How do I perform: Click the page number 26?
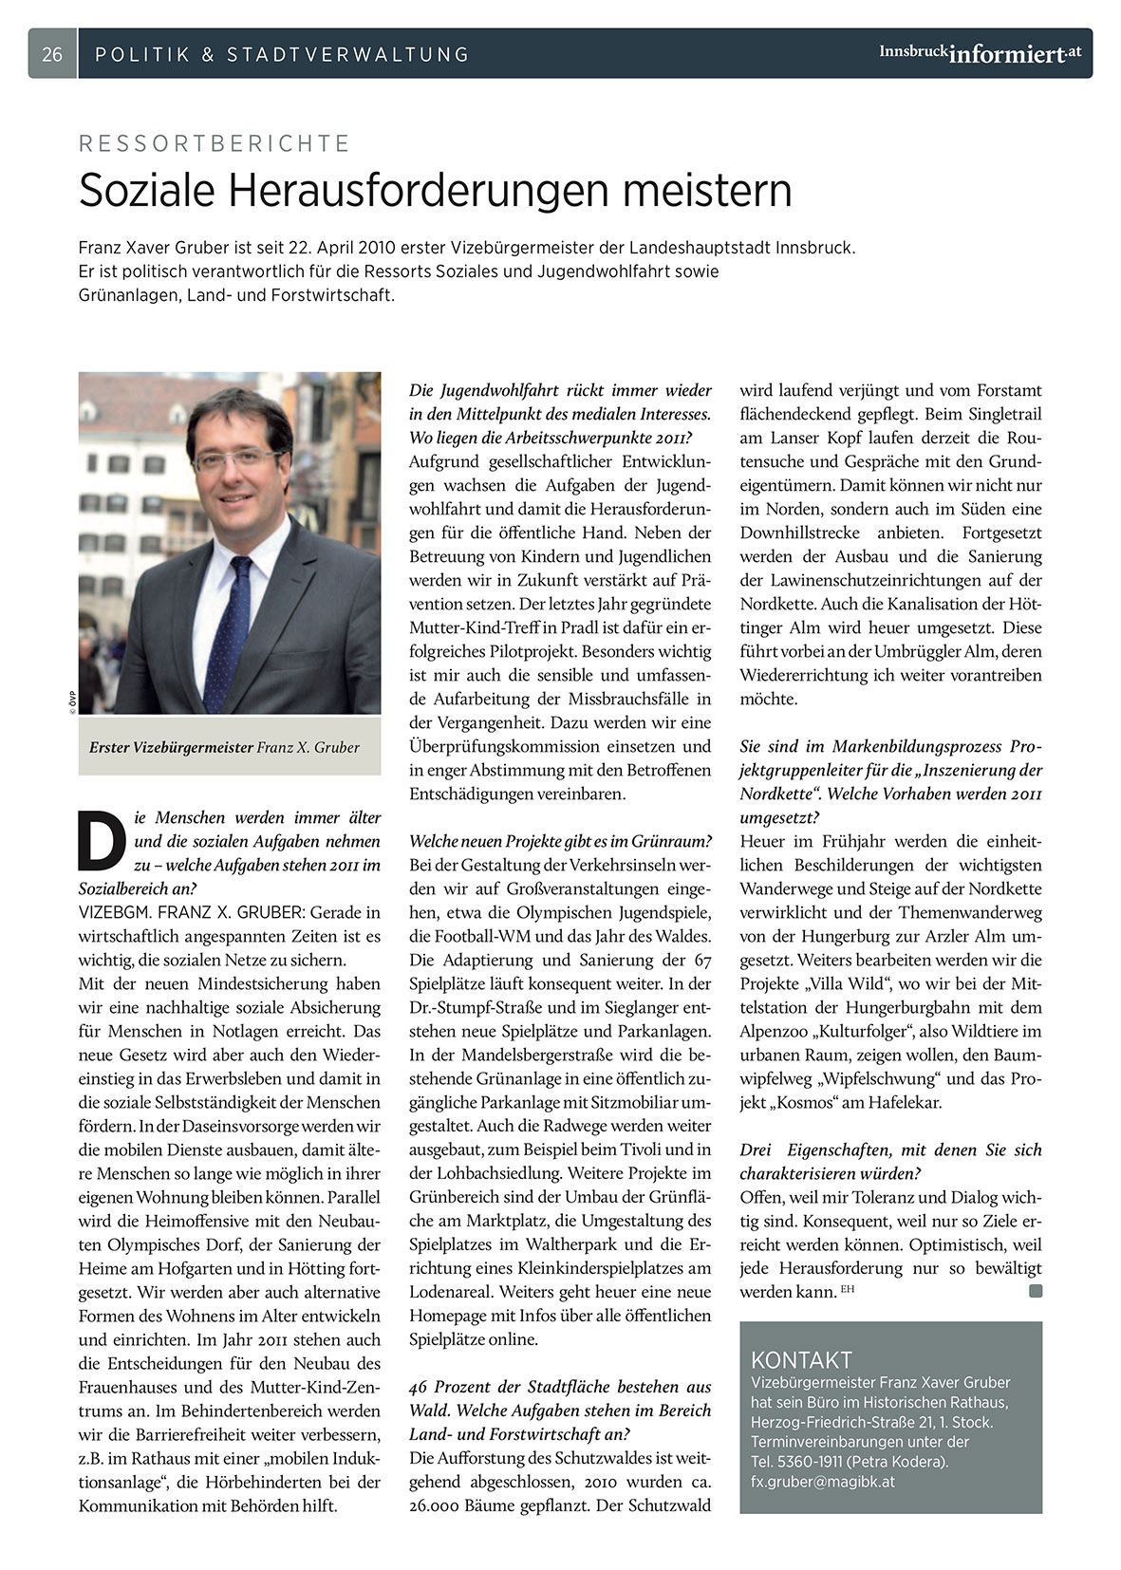click(52, 54)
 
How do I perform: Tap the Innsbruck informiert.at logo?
click(980, 53)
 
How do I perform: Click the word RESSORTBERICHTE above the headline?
click(215, 144)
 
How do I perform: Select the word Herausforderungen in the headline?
click(422, 190)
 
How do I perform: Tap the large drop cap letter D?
click(102, 840)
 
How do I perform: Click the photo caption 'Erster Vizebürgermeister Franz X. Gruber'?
click(224, 747)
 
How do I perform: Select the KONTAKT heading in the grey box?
click(801, 1359)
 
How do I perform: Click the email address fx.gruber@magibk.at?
click(822, 1481)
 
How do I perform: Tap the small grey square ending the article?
click(1035, 1291)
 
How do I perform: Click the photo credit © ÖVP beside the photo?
click(72, 701)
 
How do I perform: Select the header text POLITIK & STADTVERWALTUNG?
click(282, 54)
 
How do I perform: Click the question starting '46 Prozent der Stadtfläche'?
click(560, 1387)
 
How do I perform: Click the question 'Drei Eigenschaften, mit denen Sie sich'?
click(890, 1149)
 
